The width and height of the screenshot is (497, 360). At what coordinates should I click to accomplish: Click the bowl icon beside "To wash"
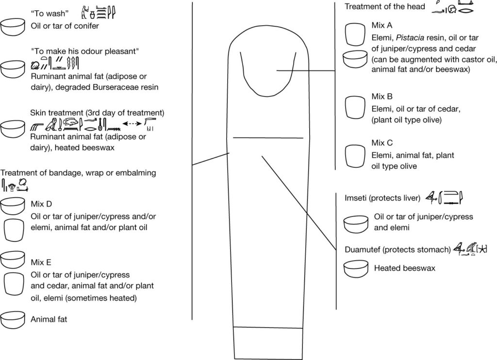13,27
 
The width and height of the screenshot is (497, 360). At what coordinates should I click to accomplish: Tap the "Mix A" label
382,25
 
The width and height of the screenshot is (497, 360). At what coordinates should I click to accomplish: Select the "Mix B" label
382,97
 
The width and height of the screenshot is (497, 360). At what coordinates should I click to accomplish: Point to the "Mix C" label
382,143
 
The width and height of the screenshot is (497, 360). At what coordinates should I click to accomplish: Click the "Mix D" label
41,204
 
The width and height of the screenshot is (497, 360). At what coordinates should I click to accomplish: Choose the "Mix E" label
41,262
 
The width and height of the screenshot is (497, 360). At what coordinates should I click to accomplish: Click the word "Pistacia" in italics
410,38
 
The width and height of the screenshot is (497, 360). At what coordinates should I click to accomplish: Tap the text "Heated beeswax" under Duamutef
405,268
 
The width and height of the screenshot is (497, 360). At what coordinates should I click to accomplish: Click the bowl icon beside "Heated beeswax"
356,269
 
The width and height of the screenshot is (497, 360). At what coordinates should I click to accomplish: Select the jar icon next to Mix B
355,108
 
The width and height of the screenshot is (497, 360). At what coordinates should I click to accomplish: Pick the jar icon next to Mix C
355,156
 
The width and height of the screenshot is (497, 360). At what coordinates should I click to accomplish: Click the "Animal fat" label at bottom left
49,319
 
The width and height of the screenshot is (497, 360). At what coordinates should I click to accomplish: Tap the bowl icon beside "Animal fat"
13,320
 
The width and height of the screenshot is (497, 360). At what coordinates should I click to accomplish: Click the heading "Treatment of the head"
385,7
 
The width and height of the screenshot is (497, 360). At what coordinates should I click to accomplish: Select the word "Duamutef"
363,250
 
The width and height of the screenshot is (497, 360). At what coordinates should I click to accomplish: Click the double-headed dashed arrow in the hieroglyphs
132,124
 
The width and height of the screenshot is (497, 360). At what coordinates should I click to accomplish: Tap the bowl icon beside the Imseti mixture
356,224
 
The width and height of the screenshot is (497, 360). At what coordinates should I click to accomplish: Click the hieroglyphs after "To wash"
99,13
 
